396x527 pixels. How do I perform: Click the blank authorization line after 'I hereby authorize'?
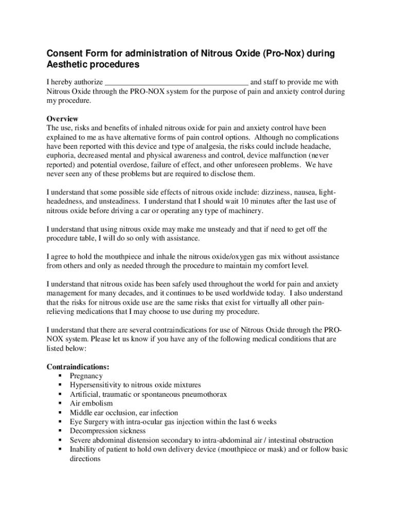point(176,83)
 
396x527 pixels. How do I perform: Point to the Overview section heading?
point(62,119)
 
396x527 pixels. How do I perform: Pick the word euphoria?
point(62,155)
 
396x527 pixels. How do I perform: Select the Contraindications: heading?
point(78,367)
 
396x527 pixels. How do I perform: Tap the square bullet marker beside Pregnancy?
point(60,376)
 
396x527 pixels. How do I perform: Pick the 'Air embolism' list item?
point(91,403)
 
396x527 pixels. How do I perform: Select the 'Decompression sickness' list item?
point(107,431)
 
